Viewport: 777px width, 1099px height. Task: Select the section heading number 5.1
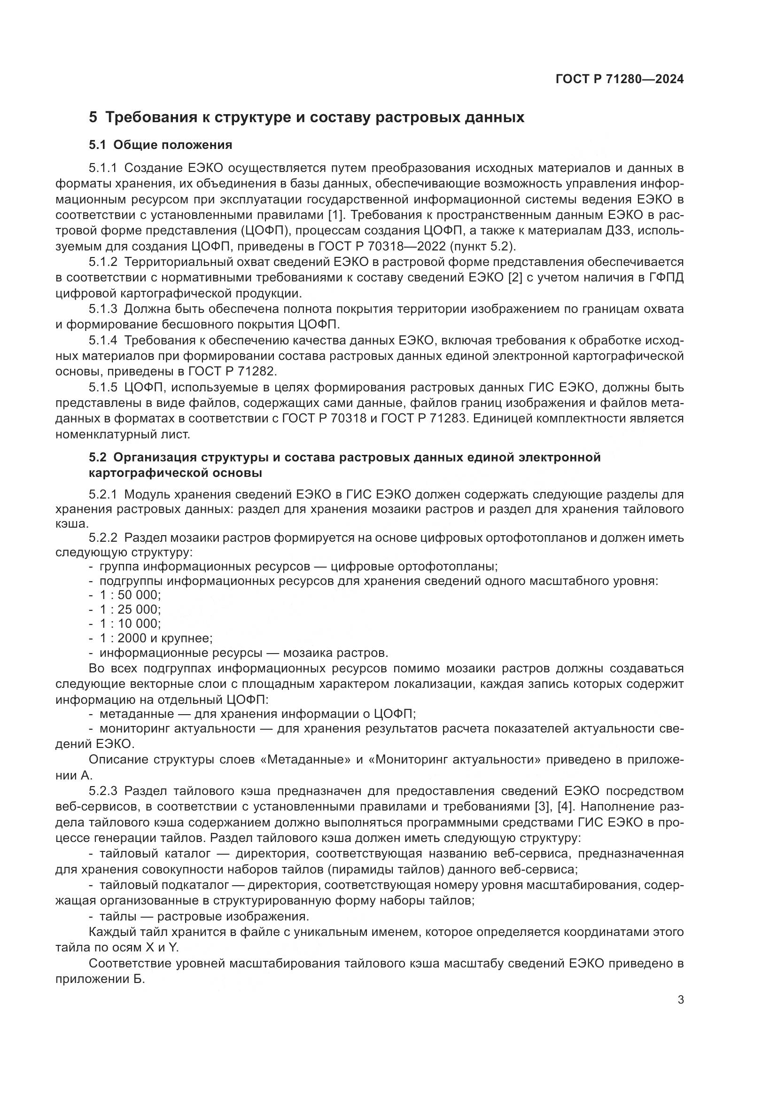[98, 145]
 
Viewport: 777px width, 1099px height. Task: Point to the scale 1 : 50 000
[130, 595]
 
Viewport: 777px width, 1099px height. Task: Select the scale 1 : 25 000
[130, 609]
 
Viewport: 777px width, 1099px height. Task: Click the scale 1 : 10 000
[130, 624]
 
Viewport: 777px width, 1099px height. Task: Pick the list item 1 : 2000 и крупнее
[156, 638]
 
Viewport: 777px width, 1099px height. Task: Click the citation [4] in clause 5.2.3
[566, 806]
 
